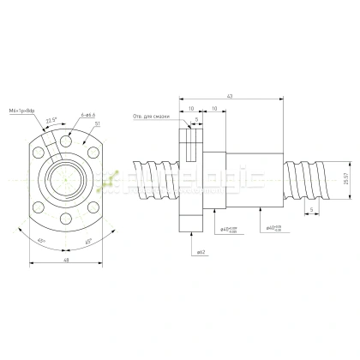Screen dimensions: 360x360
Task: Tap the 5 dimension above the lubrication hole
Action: pyautogui.click(x=196, y=119)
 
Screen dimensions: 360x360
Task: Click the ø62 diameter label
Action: pyautogui.click(x=200, y=252)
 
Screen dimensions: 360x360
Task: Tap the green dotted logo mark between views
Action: pyautogui.click(x=109, y=178)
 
